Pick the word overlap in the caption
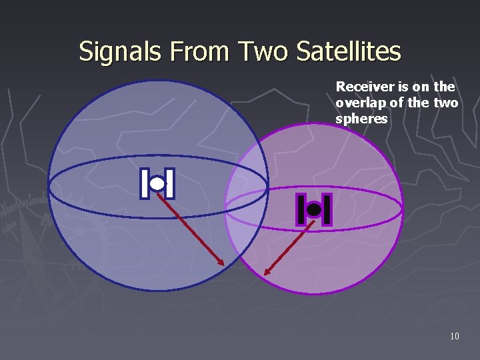click(357, 103)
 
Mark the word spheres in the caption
click(361, 119)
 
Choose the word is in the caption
click(396, 87)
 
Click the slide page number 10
click(454, 336)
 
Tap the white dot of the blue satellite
click(157, 183)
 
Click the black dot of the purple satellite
click(314, 210)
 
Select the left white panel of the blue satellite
click(145, 183)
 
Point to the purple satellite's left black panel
click(301, 210)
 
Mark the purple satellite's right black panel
click(327, 210)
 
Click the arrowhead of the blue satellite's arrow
click(223, 263)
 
